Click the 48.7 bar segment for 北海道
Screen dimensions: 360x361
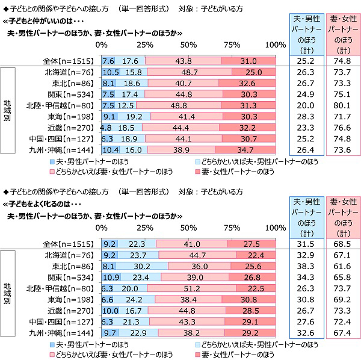pyautogui.click(x=189, y=72)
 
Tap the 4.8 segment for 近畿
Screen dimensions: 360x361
pyautogui.click(x=106, y=128)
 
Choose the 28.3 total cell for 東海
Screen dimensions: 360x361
pyautogui.click(x=307, y=117)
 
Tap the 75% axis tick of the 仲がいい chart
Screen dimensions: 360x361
pyautogui.click(x=232, y=45)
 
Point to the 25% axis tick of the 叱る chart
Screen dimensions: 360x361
pyautogui.click(x=145, y=228)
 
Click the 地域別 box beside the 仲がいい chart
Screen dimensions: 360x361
pyautogui.click(x=7, y=111)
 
